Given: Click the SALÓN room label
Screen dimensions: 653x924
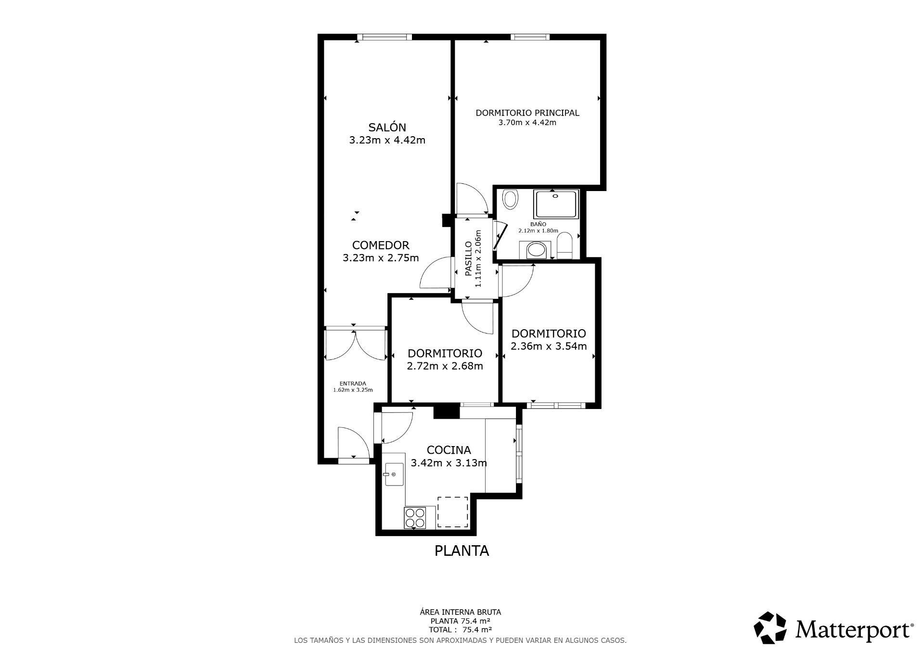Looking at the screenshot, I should point(387,128).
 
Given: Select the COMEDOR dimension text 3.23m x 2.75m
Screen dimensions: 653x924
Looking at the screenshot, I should point(380,258).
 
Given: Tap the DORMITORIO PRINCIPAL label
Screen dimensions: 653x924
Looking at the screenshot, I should point(527,113).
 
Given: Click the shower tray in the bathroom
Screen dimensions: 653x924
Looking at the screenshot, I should point(555,205).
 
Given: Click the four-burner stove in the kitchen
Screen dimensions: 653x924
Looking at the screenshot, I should point(415,518).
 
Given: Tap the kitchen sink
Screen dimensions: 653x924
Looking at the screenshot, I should point(394,474).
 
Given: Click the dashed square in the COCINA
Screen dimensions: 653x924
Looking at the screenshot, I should point(452,512).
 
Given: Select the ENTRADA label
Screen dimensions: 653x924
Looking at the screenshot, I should point(353,384).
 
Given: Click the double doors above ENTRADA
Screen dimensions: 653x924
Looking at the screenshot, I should point(355,344).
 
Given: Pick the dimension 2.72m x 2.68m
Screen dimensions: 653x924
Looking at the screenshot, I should point(445,366).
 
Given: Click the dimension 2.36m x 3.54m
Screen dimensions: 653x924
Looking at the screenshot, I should point(548,346).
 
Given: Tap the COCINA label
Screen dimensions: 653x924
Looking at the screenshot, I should point(449,450).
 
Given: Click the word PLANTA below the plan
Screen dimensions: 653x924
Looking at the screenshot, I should point(462,551).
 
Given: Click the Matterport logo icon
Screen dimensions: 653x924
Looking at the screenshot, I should point(770,627).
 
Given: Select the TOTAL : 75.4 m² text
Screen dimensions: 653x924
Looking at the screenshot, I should point(460,629).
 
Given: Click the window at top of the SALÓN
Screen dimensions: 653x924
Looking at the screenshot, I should point(384,37).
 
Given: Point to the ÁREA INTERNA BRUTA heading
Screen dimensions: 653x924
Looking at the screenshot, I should point(460,612).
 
